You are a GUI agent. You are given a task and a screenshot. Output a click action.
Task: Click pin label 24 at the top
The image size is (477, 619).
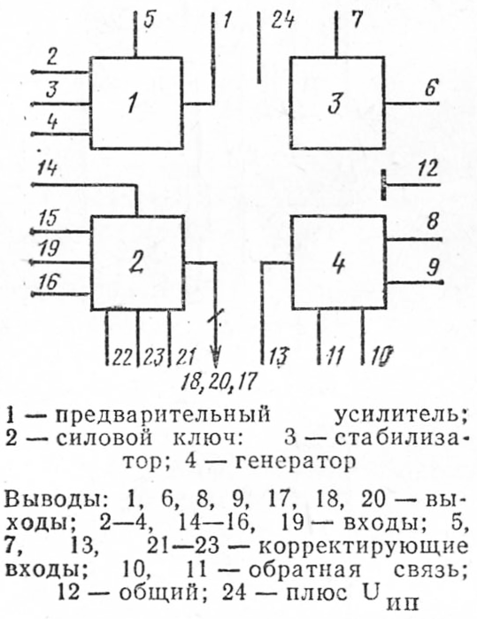click(x=281, y=19)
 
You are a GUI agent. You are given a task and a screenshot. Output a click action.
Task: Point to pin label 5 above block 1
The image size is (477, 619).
click(x=149, y=20)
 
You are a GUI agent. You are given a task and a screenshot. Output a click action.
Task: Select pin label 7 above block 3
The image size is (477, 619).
click(x=357, y=19)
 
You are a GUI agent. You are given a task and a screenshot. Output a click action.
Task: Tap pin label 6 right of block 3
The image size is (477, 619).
click(x=431, y=89)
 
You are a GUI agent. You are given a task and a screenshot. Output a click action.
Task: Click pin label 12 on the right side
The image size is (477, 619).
click(x=427, y=169)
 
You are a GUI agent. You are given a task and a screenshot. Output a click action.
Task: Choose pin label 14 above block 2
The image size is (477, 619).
click(x=46, y=168)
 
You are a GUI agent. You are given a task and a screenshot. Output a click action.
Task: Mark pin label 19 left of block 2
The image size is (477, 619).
click(x=49, y=250)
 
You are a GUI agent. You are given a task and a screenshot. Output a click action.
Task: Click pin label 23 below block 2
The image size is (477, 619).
click(x=153, y=357)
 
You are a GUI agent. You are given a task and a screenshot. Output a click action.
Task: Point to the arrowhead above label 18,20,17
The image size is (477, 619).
click(x=215, y=357)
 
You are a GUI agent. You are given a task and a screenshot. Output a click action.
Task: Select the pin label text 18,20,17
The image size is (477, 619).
click(x=219, y=383)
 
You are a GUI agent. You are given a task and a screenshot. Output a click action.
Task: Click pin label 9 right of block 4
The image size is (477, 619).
click(x=433, y=268)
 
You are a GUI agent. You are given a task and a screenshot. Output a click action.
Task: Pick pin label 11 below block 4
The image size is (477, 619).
click(x=335, y=357)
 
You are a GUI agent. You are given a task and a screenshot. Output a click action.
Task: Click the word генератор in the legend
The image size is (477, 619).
click(x=296, y=461)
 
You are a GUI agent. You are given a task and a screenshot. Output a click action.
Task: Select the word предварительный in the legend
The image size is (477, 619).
click(x=163, y=415)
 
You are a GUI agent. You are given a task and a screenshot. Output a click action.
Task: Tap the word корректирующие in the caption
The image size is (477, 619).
click(x=364, y=547)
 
